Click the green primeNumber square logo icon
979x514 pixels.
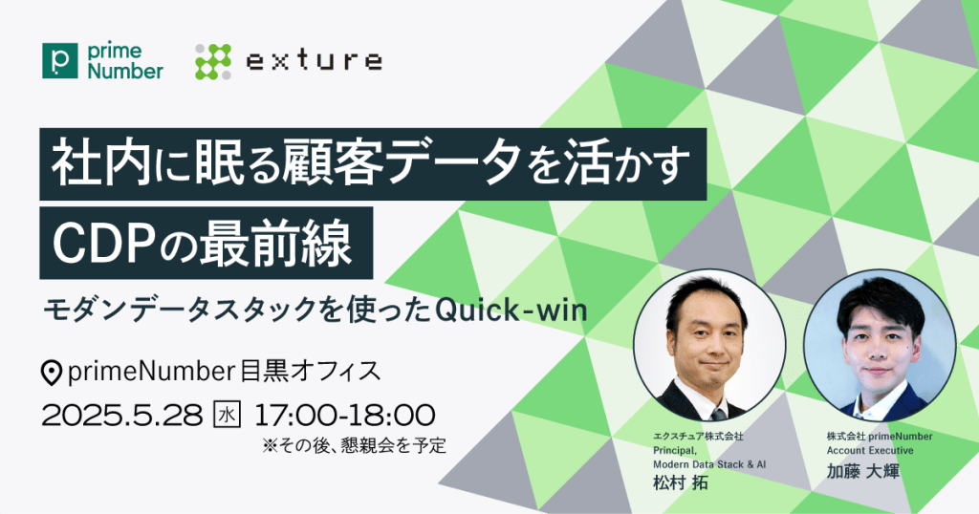[60, 60]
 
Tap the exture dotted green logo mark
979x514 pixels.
[213, 61]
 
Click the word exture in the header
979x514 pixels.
[314, 61]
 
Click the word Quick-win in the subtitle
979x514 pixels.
[511, 310]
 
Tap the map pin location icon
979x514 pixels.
[52, 373]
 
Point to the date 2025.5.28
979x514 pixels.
[122, 416]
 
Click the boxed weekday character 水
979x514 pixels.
[228, 416]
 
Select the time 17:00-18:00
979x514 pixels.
[344, 416]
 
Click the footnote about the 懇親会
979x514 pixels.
[355, 445]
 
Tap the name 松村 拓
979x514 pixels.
[681, 482]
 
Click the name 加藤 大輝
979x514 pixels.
[863, 471]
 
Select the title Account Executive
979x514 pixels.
[870, 450]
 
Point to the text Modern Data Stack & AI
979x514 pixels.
[709, 464]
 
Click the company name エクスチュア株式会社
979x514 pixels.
[698, 436]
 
